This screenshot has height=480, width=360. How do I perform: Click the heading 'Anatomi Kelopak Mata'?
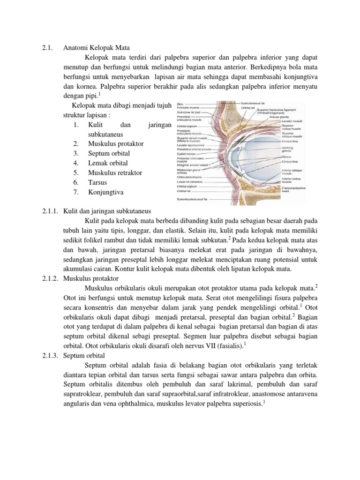(99, 47)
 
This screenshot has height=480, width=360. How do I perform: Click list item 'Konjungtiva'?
(105, 192)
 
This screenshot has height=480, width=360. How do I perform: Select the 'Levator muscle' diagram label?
(291, 121)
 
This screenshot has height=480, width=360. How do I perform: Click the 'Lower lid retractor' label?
(189, 182)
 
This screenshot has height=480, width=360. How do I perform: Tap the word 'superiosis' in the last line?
(244, 403)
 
